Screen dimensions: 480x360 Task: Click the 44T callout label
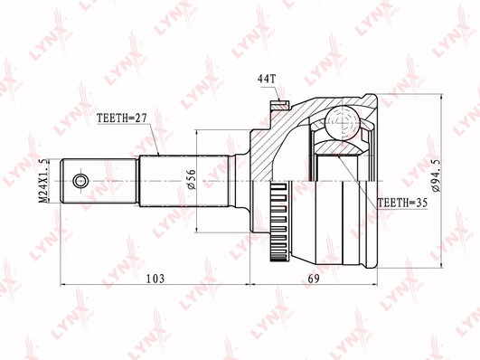point(267,79)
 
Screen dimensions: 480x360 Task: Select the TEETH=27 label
point(122,118)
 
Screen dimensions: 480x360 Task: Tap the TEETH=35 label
point(402,203)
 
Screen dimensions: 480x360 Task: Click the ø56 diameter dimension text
point(192,180)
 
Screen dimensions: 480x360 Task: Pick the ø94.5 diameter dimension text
point(436,175)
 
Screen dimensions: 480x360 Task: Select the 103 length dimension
point(155,279)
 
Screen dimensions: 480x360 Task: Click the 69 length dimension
point(314,279)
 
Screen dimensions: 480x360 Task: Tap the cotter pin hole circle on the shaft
point(80,181)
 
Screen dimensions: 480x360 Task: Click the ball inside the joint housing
point(343,122)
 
